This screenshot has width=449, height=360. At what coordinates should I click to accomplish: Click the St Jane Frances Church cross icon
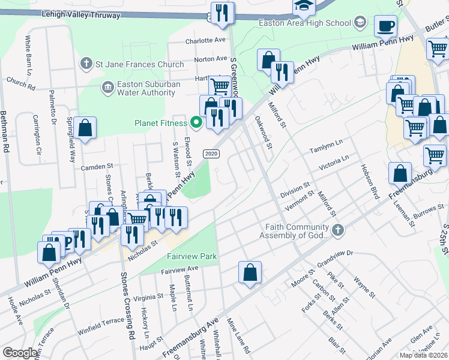tap(86, 64)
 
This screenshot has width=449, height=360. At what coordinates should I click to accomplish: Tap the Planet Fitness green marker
tap(196, 124)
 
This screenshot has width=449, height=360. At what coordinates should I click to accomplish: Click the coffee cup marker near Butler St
tap(385, 26)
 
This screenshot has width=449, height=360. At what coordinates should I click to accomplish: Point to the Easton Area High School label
tap(304, 23)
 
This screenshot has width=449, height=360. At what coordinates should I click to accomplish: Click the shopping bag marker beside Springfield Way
tap(85, 128)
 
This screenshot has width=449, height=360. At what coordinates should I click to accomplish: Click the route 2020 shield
tap(210, 154)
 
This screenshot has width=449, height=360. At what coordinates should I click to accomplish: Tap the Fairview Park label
tap(191, 257)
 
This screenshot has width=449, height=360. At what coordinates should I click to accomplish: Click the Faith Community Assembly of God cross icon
tap(339, 230)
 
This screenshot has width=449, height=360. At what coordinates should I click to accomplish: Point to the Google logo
tap(20, 353)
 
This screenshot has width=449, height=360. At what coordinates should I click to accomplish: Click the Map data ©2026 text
tap(424, 355)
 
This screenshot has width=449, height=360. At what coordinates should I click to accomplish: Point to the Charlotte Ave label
tap(205, 41)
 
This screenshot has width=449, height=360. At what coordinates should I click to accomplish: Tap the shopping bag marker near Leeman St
tap(400, 174)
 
